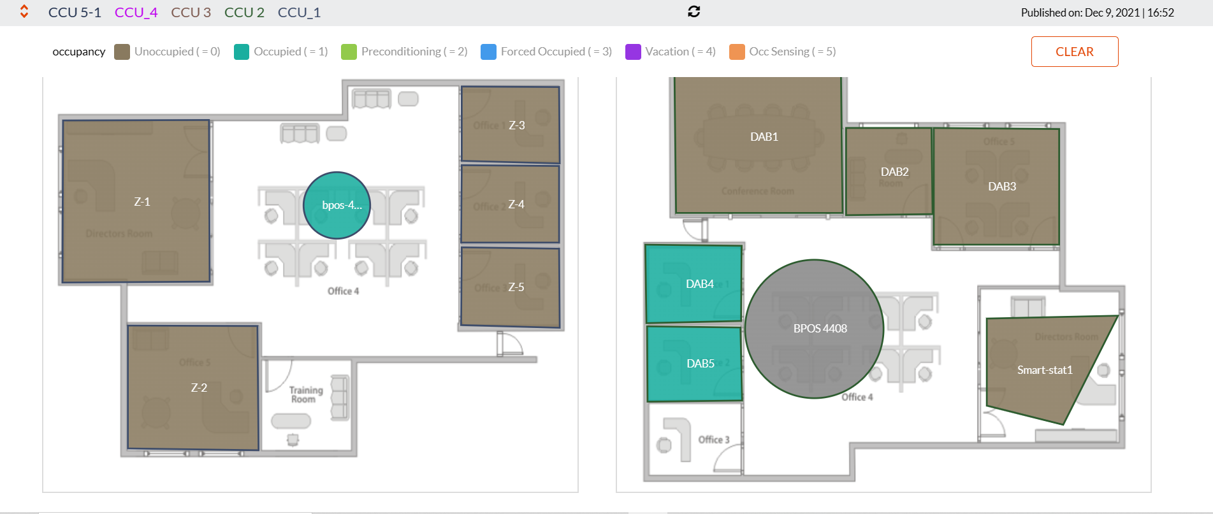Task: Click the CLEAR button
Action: pos(1074,52)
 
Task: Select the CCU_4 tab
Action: pos(136,12)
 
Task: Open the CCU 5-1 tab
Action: pos(75,12)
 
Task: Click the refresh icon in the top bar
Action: pos(694,11)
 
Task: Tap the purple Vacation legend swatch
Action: pos(633,52)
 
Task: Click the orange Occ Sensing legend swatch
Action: pos(737,52)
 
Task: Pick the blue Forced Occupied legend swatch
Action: pos(488,52)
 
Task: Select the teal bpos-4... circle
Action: pos(337,205)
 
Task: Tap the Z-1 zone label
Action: pos(142,202)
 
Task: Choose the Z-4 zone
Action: pos(510,204)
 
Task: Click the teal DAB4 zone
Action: pos(694,284)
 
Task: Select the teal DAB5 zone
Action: pos(695,364)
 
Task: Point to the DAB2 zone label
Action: pos(894,172)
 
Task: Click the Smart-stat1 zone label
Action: pos(1045,370)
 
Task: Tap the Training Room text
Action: pos(306,394)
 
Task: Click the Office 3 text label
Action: pos(713,439)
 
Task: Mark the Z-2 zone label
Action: pos(199,387)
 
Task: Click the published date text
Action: pos(1097,12)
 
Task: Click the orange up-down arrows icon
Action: pos(24,11)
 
